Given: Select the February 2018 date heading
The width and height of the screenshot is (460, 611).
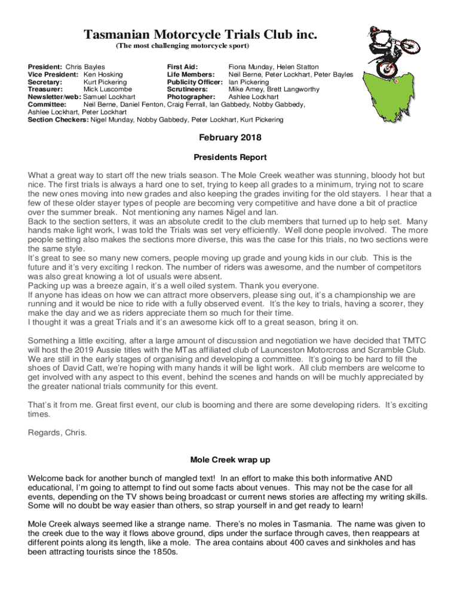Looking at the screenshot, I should (x=230, y=138).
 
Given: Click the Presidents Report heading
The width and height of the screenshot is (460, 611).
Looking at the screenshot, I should (x=230, y=158).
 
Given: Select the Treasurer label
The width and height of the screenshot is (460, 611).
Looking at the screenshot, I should (x=45, y=89).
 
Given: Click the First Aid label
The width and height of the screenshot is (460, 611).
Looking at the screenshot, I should (x=182, y=67).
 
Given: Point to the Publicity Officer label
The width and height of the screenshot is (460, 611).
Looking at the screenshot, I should (x=195, y=82).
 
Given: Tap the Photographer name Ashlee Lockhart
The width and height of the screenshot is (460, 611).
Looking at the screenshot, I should (x=253, y=97).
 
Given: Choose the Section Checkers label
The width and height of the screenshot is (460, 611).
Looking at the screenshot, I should (x=58, y=119).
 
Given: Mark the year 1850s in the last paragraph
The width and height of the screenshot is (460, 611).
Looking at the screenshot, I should (x=163, y=552).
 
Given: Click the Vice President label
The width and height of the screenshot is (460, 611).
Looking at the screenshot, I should (x=53, y=75).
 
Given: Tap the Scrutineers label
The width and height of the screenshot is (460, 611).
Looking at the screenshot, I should (x=187, y=89).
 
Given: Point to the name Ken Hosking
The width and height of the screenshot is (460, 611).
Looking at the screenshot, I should (x=103, y=75).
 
